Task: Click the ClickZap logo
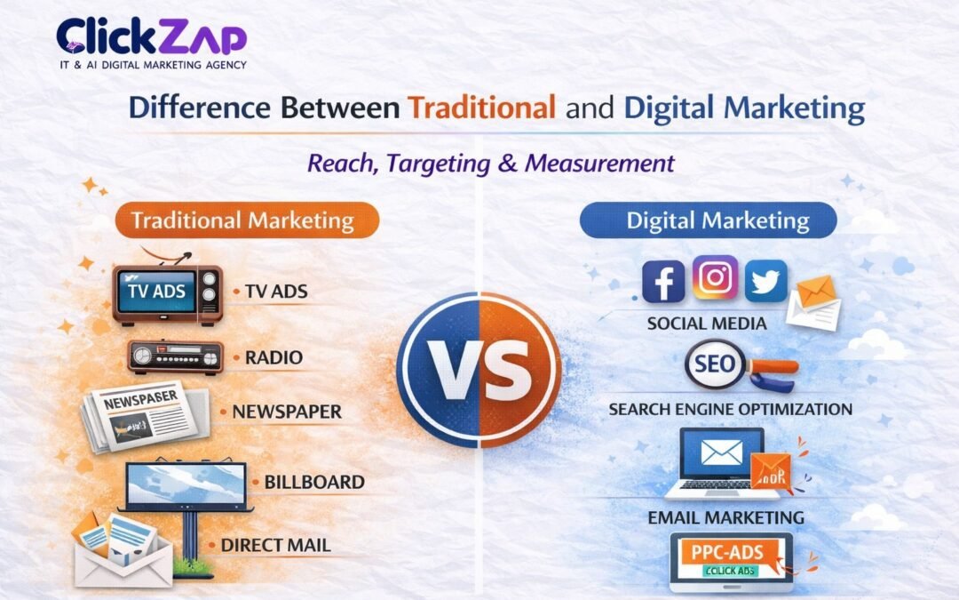(151, 42)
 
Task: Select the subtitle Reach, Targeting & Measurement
(490, 164)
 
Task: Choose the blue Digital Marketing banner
(707, 220)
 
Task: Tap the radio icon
(175, 356)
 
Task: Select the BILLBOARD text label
(314, 482)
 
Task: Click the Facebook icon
(663, 282)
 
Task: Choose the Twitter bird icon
(765, 282)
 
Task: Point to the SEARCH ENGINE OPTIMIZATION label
(730, 409)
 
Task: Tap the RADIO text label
(273, 357)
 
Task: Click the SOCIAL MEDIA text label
(706, 324)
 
